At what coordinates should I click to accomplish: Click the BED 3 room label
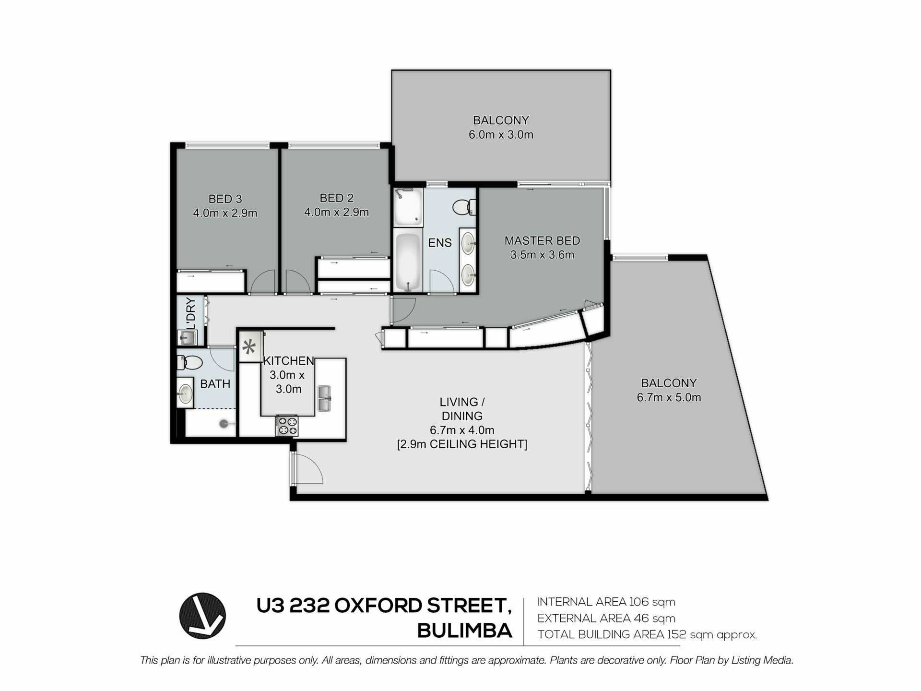[225, 199]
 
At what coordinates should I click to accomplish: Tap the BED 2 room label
[336, 198]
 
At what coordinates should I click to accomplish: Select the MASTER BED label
[542, 240]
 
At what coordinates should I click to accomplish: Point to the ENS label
[440, 243]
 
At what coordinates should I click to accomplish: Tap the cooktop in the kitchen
[286, 426]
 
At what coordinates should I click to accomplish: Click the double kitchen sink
[325, 398]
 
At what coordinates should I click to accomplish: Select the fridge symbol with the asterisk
[248, 346]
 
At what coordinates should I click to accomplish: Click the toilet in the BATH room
[190, 362]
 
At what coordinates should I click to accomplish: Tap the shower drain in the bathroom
[224, 424]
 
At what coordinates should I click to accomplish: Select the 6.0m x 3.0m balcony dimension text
[501, 135]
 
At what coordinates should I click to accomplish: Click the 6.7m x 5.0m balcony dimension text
[669, 397]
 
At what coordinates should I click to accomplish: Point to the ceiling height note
[462, 444]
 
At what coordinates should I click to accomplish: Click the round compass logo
[202, 616]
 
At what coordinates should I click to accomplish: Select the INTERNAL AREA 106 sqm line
[606, 602]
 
